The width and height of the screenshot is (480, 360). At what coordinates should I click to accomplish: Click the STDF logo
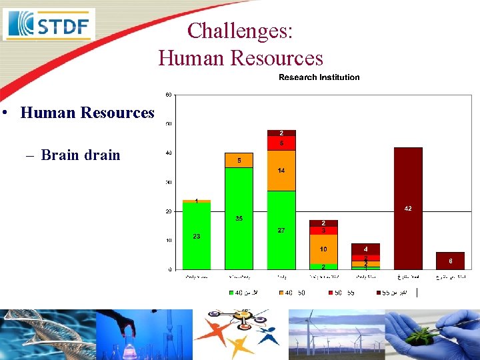point(49,25)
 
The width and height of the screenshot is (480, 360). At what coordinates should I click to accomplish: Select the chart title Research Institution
point(319,77)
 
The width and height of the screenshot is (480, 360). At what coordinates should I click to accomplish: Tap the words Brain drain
point(81,155)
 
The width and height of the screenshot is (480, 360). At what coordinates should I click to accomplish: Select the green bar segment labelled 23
point(197,235)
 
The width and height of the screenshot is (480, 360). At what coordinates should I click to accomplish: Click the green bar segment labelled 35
point(239,218)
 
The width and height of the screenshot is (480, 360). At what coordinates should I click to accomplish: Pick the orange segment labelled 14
point(281,171)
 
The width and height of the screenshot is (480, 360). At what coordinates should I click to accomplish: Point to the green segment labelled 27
point(281,230)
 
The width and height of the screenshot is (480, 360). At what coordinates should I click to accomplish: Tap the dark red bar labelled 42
point(408,209)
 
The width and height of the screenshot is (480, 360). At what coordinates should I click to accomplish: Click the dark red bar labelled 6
point(450,261)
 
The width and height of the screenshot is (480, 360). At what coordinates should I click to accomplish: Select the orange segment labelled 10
point(323,249)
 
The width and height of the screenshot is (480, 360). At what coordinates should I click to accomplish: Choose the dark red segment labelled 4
point(365,249)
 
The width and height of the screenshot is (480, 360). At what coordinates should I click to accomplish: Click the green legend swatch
point(232,292)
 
